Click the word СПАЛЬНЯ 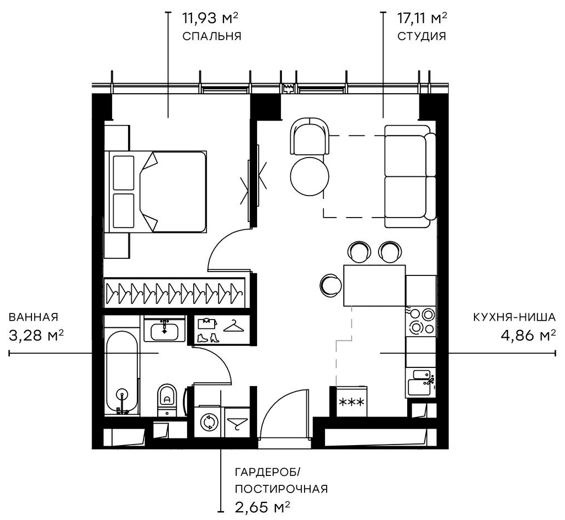pos(211,36)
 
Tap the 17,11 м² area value pos(422,18)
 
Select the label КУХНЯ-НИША pos(514,317)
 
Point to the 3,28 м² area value pos(36,335)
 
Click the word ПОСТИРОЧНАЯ pos(281,489)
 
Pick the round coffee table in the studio pos(310,176)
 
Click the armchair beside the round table pos(310,137)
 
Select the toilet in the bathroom pos(167,400)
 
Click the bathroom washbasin pos(164,329)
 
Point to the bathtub pos(122,372)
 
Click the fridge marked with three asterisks pos(351,402)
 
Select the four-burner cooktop pos(421,321)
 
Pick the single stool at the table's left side pos(331,285)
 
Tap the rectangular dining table pos(375,285)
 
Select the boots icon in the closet pos(208,338)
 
